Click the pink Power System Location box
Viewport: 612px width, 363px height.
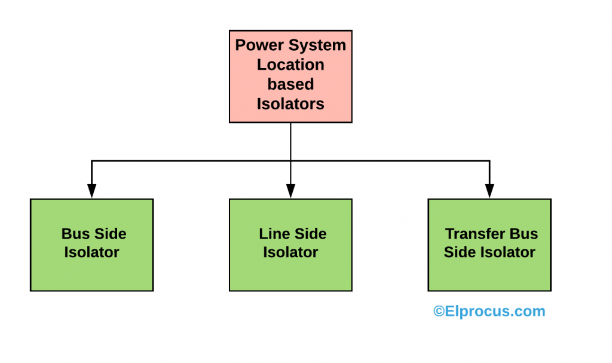[290, 76]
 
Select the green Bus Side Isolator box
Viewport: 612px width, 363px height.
[91, 245]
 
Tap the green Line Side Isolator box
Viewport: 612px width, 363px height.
[290, 245]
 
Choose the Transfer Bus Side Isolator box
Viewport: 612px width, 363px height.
[489, 245]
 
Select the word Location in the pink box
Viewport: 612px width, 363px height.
[290, 65]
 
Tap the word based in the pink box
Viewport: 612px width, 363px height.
[290, 84]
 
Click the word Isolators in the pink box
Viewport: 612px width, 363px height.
[290, 104]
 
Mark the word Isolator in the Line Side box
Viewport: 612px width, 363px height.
[290, 252]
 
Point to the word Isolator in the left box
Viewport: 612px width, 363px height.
[91, 252]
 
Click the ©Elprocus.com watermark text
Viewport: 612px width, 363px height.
[489, 311]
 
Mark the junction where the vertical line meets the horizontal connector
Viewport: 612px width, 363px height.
[290, 161]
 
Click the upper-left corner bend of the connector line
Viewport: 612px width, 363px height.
[91, 161]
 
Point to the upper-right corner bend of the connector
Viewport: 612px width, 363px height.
[489, 161]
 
